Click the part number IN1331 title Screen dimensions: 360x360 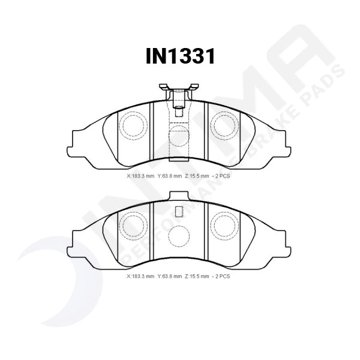tap(180, 56)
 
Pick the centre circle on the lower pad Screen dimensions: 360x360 tap(179, 236)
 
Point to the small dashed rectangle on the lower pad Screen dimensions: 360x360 tap(178, 212)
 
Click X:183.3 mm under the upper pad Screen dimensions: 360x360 tap(140, 176)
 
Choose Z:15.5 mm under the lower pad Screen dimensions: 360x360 tap(200, 277)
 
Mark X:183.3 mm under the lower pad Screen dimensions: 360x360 tap(140, 277)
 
